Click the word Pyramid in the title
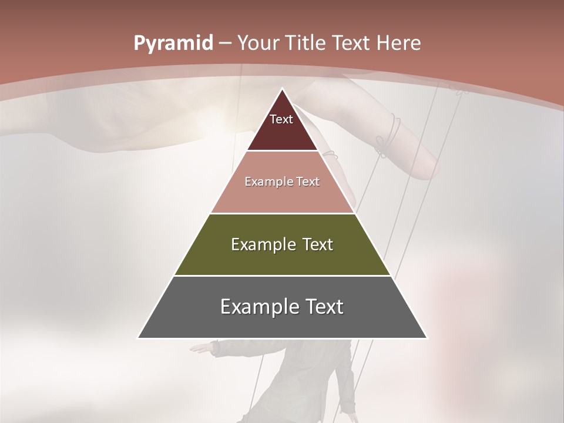(x=173, y=43)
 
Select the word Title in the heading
(x=308, y=43)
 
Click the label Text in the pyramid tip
(x=281, y=119)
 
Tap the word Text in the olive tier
(x=315, y=244)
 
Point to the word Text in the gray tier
(x=323, y=307)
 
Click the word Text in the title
(x=350, y=43)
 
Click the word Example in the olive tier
(x=261, y=244)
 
